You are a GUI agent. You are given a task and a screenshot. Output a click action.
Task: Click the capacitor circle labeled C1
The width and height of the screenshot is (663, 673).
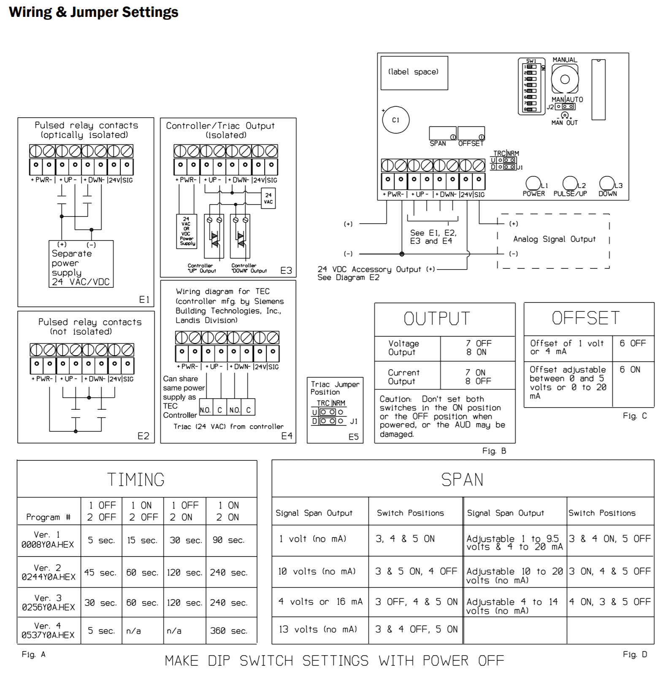[x=395, y=120]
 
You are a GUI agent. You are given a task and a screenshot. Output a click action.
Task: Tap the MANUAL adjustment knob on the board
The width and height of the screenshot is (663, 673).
[x=565, y=79]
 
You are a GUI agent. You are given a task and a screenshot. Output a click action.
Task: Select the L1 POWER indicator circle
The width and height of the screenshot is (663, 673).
[x=533, y=183]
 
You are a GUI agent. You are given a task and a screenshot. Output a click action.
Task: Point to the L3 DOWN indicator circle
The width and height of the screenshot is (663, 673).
[x=606, y=183]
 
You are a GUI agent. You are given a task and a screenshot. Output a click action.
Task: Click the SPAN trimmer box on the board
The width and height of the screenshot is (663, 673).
[x=442, y=133]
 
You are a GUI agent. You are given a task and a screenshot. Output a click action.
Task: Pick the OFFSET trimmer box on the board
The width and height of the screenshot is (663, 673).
[x=471, y=133]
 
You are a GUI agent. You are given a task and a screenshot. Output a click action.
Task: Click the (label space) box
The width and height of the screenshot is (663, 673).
[x=414, y=73]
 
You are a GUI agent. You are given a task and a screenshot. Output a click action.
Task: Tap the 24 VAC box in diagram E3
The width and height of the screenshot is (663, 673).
[x=268, y=198]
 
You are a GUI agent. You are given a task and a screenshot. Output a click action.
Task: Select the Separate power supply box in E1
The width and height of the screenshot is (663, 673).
[x=81, y=264]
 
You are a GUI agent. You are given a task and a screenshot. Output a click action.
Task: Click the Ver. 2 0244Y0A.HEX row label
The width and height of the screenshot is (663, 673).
[x=49, y=572]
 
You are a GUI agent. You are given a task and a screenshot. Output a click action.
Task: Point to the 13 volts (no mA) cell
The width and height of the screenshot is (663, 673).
[x=318, y=629]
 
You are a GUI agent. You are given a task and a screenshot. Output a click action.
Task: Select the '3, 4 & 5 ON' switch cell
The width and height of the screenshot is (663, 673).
[x=405, y=539]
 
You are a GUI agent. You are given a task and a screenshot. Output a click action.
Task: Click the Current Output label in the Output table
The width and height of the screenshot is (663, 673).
[x=403, y=377]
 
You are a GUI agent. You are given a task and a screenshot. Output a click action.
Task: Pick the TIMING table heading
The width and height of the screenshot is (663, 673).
[x=136, y=480]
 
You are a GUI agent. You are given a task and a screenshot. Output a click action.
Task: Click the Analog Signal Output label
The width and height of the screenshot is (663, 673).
[x=554, y=239]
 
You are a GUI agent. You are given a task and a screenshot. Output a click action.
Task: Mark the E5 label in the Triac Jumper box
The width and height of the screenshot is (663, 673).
[x=353, y=437]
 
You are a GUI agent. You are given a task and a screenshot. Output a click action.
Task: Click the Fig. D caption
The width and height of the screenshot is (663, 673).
[x=635, y=654]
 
